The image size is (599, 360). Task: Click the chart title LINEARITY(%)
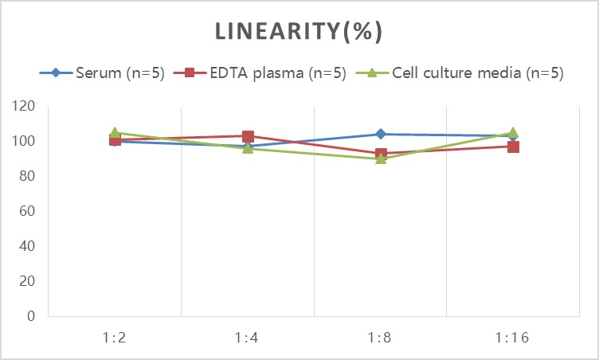[299, 31]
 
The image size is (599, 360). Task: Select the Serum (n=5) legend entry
[102, 72]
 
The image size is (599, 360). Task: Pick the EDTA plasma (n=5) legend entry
[260, 72]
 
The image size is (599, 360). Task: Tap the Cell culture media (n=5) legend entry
[460, 72]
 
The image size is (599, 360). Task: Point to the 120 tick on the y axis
[23, 106]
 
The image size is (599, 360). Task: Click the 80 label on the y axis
[27, 176]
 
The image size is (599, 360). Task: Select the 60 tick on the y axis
[27, 211]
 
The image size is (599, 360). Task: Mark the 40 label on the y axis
[27, 246]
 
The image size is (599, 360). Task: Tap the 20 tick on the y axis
[27, 281]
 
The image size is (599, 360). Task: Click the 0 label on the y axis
[31, 316]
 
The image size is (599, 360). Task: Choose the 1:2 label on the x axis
[114, 338]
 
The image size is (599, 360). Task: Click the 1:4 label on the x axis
[247, 338]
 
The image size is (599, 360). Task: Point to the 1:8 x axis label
[380, 338]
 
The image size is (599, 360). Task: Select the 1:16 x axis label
[512, 338]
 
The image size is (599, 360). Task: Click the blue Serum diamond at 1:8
[381, 134]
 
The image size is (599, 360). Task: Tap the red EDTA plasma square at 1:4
[248, 136]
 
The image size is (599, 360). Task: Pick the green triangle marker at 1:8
[381, 158]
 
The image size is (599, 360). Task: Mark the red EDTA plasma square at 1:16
[513, 147]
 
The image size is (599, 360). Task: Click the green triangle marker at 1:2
[115, 132]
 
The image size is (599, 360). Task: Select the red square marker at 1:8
[381, 154]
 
